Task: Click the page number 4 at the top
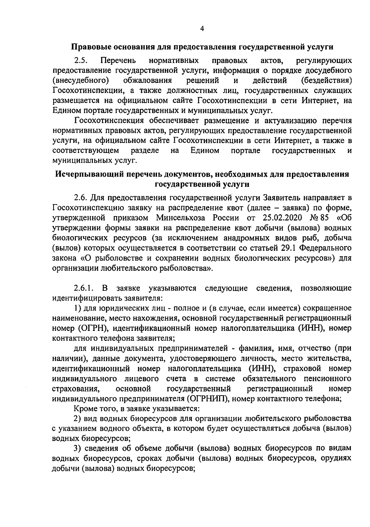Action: pos(202,29)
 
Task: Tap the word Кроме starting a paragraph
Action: pos(84,409)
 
